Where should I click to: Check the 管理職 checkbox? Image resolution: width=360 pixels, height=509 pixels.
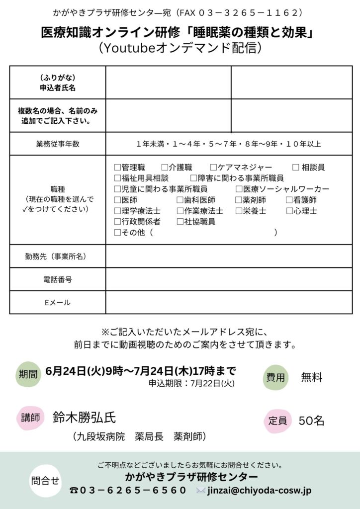coord(117,168)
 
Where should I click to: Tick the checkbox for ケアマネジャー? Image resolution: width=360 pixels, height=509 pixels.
coord(213,168)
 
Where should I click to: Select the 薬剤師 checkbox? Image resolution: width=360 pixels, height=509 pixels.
coord(239,200)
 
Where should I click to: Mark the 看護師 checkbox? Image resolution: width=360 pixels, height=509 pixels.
coord(289,200)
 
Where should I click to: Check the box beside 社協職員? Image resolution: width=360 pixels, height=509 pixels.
coord(180,222)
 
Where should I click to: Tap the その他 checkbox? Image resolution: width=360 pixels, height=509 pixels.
coord(117,233)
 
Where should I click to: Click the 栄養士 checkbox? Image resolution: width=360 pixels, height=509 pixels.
coord(239,211)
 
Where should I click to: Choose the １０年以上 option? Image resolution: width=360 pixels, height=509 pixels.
coord(303,144)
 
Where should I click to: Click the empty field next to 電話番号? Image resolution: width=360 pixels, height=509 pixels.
coord(229,279)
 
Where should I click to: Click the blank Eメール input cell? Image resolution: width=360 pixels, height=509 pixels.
coord(229,302)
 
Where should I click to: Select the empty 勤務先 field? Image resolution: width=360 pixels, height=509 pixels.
coord(229,256)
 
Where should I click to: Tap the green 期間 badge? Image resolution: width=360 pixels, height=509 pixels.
coord(28,374)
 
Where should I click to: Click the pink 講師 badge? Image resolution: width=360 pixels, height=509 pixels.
coord(30,418)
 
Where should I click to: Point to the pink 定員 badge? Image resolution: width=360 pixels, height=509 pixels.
coord(277,421)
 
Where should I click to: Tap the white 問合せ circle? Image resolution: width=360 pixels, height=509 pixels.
coord(45,481)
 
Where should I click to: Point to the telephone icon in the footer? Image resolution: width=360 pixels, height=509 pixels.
coord(74,491)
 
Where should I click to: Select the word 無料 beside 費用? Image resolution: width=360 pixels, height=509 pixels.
coord(312,378)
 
